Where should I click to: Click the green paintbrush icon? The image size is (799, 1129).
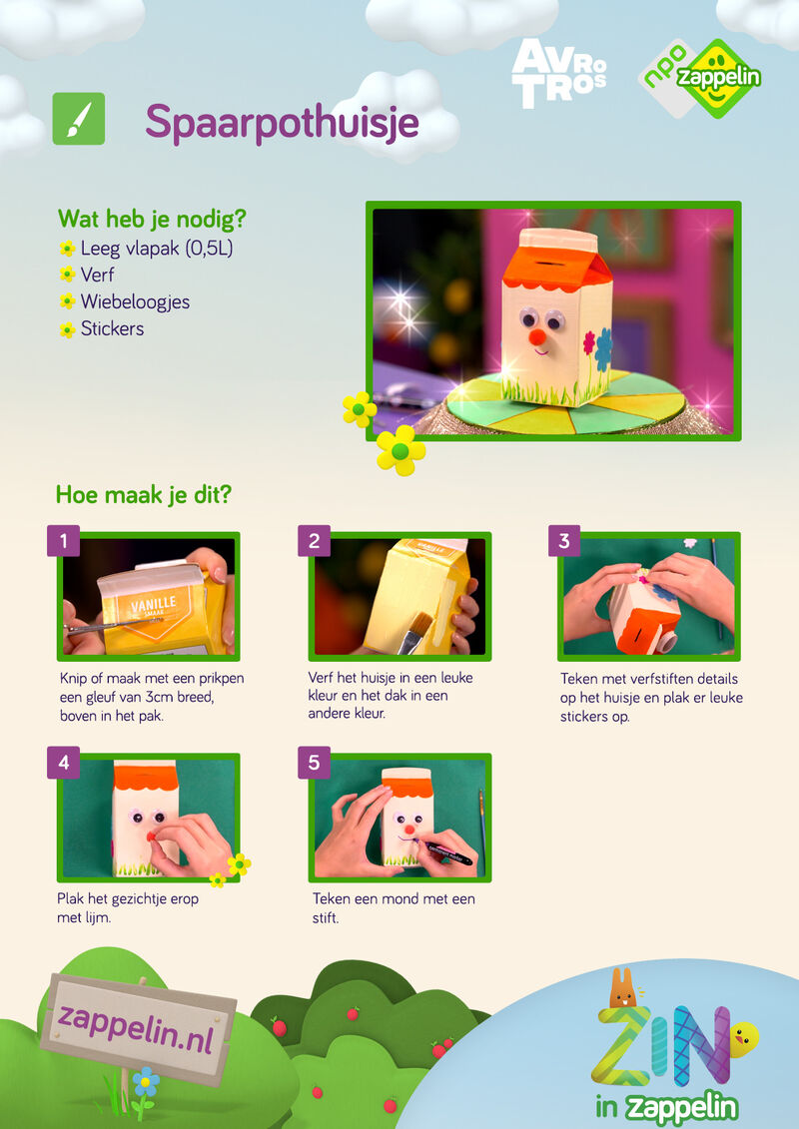click(79, 119)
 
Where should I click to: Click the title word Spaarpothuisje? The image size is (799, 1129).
click(282, 122)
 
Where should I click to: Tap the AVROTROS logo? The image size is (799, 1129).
click(558, 74)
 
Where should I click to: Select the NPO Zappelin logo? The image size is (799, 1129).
click(700, 79)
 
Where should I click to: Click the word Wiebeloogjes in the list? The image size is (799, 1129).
click(135, 301)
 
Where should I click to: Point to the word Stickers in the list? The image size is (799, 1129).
click(112, 328)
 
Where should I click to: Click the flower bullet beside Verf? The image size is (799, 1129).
click(68, 276)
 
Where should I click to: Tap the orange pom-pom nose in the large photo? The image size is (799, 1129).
click(537, 337)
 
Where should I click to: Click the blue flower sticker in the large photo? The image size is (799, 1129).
click(604, 349)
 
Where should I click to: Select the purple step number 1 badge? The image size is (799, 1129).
click(63, 541)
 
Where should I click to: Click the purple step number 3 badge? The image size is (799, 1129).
click(564, 541)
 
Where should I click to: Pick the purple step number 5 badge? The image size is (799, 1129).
click(315, 763)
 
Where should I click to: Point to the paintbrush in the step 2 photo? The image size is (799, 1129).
click(414, 632)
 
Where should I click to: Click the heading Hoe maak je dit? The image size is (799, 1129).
click(144, 495)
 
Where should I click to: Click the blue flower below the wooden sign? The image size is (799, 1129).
click(146, 1081)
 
